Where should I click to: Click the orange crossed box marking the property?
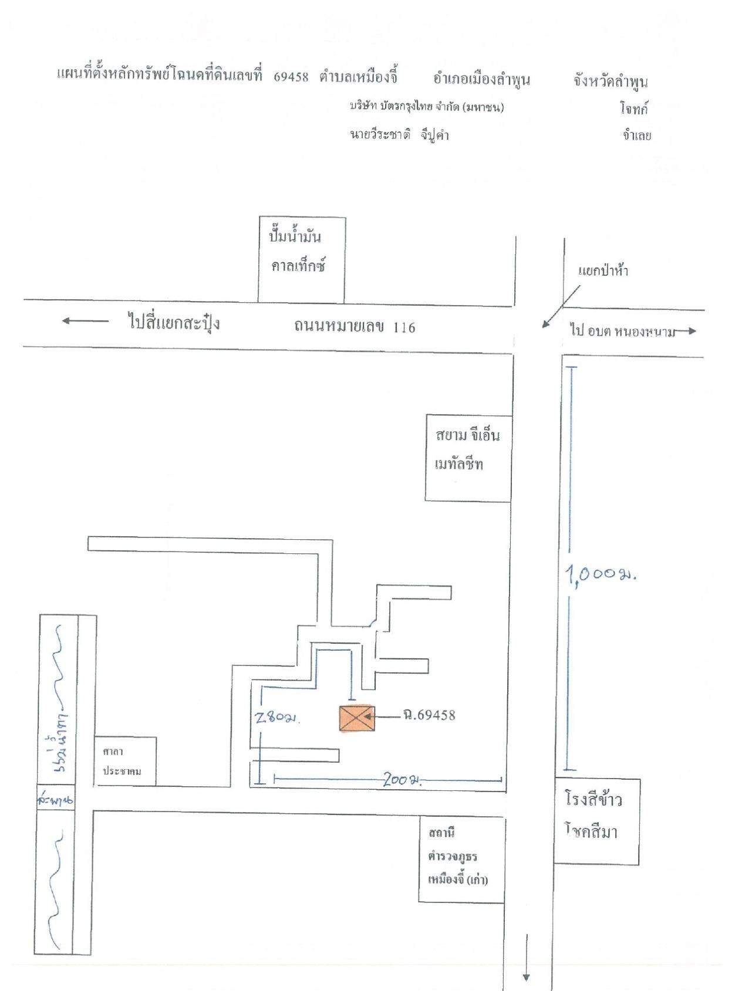356,718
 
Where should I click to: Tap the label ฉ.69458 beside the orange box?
429,715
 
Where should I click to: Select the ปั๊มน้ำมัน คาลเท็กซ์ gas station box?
302,259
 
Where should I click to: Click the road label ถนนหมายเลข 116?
355,327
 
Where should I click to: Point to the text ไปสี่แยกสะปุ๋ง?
174,323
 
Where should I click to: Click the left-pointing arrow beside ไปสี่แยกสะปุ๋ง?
85,320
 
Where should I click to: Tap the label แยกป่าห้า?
603,270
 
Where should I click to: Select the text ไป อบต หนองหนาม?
622,331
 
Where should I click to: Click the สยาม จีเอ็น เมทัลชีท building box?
468,458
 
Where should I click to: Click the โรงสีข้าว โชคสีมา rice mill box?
597,821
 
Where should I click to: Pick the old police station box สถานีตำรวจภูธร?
462,859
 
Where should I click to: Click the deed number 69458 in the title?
291,77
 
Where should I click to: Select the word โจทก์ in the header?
634,109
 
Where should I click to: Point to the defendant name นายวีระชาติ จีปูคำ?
399,134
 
